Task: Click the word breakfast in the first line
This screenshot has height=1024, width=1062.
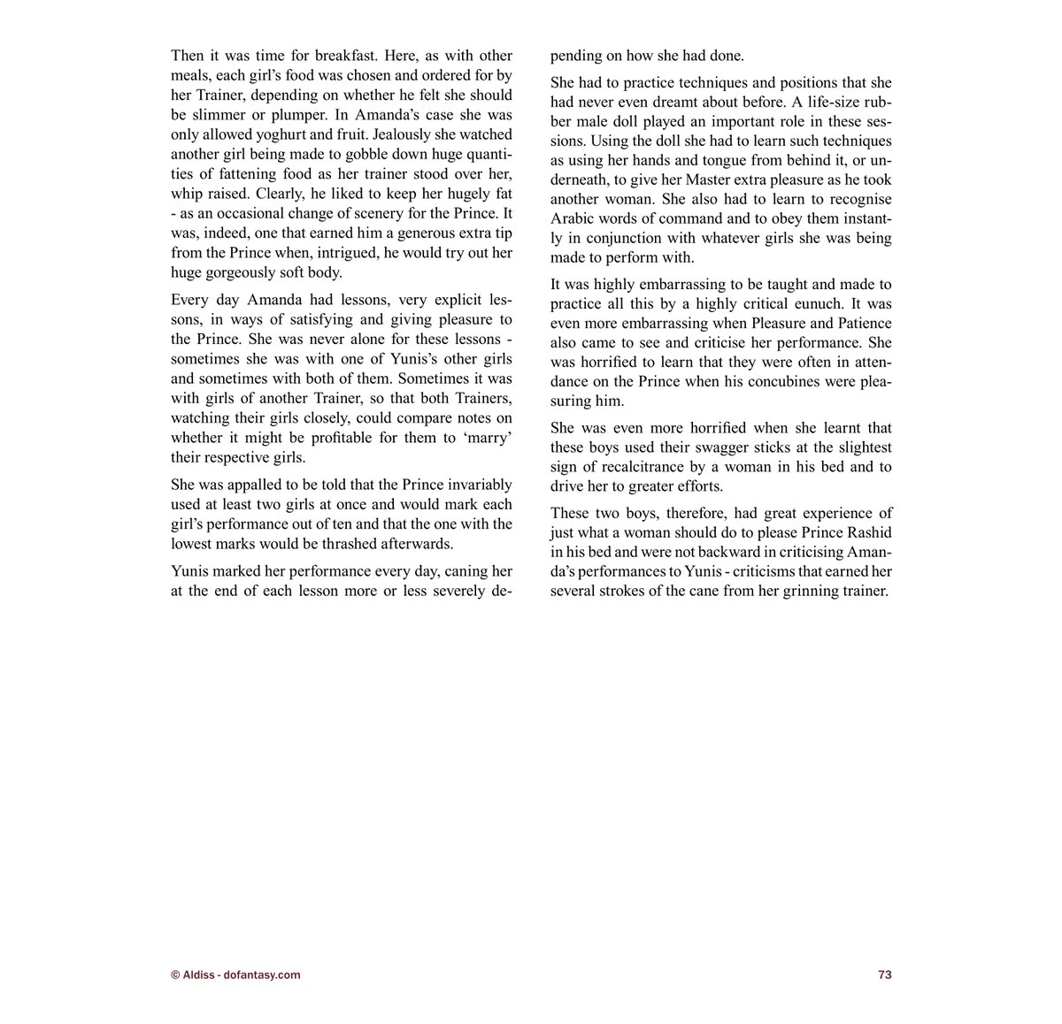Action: [345, 56]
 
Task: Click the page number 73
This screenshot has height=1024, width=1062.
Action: [884, 974]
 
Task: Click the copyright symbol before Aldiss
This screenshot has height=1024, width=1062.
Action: [175, 974]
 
